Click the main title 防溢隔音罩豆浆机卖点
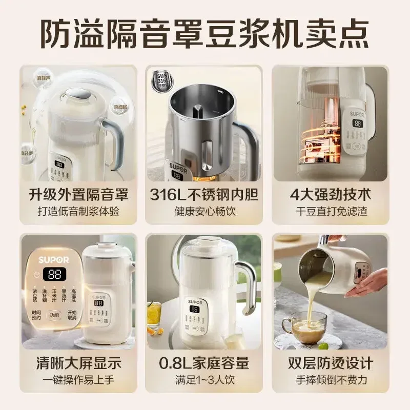click(x=205, y=32)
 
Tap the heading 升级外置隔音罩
click(x=78, y=195)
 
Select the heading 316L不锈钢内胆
click(x=204, y=195)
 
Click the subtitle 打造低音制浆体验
click(x=78, y=212)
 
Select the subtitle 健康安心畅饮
click(x=204, y=212)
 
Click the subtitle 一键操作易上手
click(x=78, y=380)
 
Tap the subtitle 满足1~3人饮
click(x=204, y=380)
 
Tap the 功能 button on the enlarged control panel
click(x=54, y=315)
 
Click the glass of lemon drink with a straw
click(x=153, y=314)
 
